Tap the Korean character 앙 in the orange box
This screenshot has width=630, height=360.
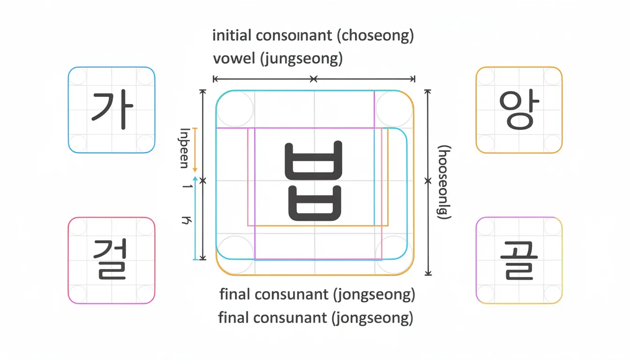pyautogui.click(x=519, y=110)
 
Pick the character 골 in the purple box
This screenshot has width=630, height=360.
pyautogui.click(x=519, y=260)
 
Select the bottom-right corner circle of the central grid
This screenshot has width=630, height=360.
pyautogui.click(x=394, y=256)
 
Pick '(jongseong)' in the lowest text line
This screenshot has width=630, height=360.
pyautogui.click(x=372, y=318)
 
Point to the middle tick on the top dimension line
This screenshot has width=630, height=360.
pyautogui.click(x=314, y=79)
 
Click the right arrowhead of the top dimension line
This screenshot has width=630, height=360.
pyautogui.click(x=413, y=79)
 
